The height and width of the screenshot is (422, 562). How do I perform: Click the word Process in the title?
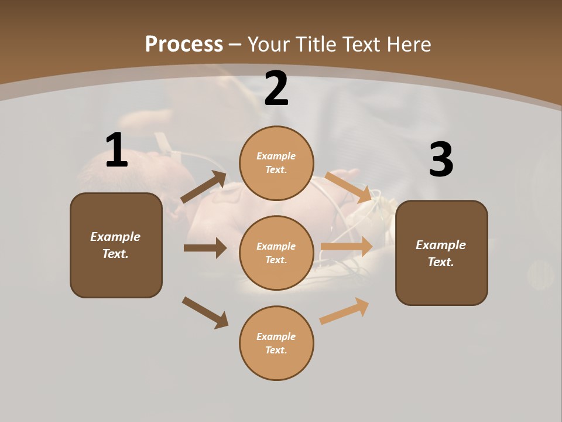(x=184, y=44)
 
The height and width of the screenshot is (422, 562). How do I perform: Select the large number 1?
(x=116, y=150)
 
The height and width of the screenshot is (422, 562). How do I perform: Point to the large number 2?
(x=276, y=89)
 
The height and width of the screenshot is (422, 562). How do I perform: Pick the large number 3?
(x=441, y=160)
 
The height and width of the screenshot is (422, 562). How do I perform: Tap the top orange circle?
(x=276, y=163)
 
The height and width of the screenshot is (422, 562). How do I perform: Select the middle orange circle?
(x=276, y=253)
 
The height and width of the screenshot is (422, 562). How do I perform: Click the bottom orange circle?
(x=276, y=343)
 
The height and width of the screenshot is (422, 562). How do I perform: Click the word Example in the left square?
(x=115, y=237)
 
